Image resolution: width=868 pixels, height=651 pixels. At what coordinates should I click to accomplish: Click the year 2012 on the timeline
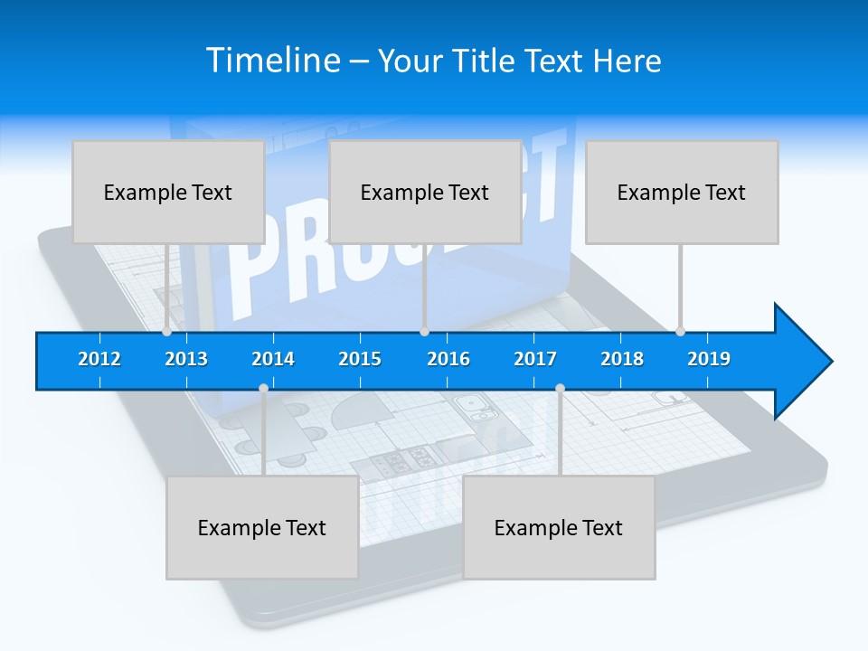99,359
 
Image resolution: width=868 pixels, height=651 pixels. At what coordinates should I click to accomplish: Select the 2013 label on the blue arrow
186,359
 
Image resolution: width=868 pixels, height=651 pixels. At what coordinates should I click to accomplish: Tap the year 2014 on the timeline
273,359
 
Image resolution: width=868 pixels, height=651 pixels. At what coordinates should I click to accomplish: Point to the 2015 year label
360,359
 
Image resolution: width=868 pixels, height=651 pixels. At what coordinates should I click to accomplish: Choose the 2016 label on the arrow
448,359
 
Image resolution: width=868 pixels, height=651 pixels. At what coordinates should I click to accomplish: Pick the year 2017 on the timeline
535,359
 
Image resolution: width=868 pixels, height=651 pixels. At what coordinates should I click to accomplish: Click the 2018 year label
622,359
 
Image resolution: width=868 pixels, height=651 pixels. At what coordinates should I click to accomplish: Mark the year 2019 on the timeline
709,359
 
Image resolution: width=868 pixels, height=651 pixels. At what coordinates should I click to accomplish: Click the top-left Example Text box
168,192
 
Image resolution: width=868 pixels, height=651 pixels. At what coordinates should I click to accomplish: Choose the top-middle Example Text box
425,192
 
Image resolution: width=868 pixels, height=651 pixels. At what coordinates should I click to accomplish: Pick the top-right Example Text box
682,192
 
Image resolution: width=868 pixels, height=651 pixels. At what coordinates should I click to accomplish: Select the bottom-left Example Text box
262,527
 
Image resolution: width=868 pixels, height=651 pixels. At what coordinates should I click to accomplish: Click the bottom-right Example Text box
559,527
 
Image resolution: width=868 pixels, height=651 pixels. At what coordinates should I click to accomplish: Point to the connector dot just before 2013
166,332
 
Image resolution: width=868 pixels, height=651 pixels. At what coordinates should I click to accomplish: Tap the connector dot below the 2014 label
263,389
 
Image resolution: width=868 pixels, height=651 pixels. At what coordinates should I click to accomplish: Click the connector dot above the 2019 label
680,332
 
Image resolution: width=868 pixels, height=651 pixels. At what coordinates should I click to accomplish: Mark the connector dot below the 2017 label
560,389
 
